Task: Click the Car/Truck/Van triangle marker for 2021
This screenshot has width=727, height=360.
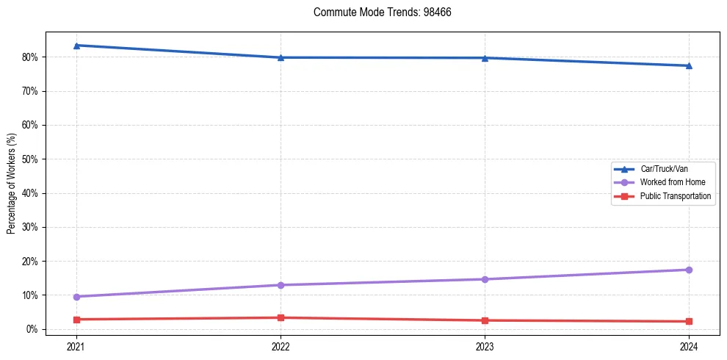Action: coord(76,46)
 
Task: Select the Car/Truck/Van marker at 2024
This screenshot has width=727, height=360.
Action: coord(689,66)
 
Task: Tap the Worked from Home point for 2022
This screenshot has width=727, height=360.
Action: coord(281,285)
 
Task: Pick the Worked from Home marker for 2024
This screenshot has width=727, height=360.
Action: coord(689,270)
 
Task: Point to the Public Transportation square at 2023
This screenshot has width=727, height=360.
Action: coord(485,320)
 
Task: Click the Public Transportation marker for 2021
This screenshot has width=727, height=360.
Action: coord(76,320)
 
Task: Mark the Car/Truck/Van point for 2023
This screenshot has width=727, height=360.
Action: coord(485,58)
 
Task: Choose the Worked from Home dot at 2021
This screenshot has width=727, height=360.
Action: coord(76,297)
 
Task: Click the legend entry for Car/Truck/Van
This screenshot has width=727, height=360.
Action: coord(663,169)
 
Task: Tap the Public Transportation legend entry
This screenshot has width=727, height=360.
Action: coord(675,196)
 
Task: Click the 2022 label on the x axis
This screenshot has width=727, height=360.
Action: coord(281,346)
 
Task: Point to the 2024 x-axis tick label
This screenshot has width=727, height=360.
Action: coord(689,346)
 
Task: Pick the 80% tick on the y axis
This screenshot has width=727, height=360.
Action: coord(30,57)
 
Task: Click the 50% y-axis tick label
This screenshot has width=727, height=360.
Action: coord(30,159)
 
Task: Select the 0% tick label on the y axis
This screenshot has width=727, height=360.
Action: coord(32,329)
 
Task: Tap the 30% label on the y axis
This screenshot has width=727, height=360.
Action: coord(30,227)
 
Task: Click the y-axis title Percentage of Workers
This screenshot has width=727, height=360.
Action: coord(12,184)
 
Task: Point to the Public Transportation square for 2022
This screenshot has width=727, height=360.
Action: coord(281,317)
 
